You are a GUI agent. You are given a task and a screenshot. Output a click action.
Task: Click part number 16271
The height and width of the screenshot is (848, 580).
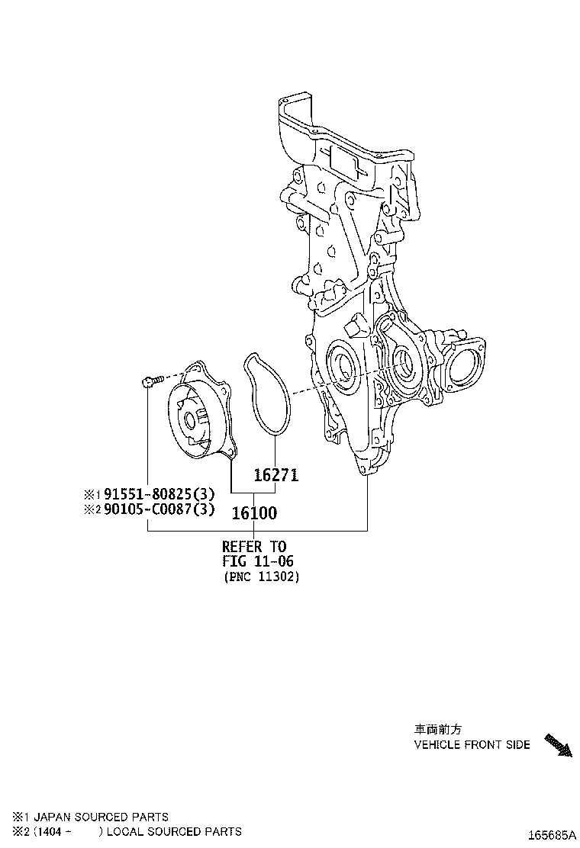tap(275, 475)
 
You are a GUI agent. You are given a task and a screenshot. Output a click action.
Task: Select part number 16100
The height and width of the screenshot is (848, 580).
tap(254, 513)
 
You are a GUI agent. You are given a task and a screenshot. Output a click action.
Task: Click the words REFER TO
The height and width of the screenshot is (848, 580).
tap(254, 546)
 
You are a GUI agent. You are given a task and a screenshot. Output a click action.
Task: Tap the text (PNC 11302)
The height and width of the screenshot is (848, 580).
tap(261, 577)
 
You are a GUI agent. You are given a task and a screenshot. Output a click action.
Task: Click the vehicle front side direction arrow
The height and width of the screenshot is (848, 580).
tap(557, 744)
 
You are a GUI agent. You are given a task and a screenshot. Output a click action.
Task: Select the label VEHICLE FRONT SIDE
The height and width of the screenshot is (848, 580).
tap(472, 744)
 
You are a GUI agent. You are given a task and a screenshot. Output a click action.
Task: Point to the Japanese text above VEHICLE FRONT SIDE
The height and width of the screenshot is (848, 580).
tap(438, 729)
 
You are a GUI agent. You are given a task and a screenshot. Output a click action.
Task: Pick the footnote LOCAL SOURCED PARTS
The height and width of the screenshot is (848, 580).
tap(174, 831)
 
